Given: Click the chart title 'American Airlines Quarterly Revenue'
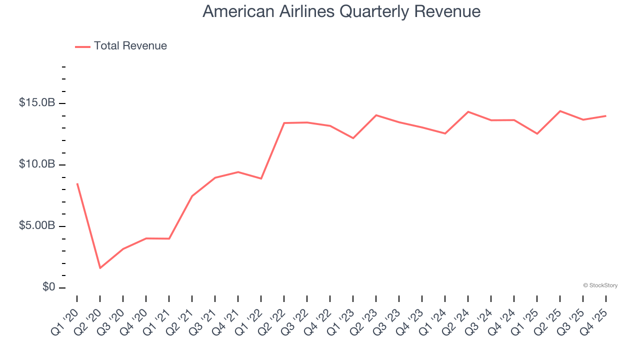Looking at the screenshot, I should pos(341,11).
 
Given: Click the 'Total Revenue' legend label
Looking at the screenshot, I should pos(130,46).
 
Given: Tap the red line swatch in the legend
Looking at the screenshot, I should pos(82,46).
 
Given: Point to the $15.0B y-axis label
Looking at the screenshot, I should pos(37,103).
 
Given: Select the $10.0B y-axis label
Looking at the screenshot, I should pos(37,164).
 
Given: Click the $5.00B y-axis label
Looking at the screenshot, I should pos(37,226).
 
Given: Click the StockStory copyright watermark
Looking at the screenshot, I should pos(600,285).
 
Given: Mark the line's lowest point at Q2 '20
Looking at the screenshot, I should pos(100,268).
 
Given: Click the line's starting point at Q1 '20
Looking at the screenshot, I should pos(77,183).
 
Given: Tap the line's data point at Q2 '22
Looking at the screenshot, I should pos(284,123).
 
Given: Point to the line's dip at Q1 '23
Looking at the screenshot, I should pos(353,138).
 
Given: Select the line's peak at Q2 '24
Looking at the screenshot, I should pos(468,111).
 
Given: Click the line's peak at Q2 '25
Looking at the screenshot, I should pos(560,111).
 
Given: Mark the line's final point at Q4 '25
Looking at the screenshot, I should pos(606,116).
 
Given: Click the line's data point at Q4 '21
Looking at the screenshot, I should pos(238,172).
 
